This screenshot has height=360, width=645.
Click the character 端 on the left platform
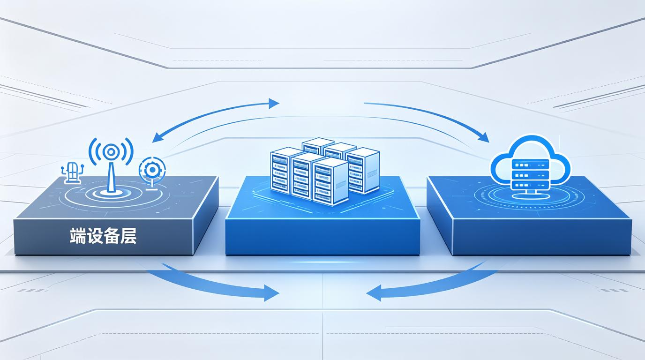point(78,236)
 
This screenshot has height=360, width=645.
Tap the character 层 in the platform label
point(128,236)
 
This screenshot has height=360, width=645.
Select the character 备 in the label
point(112,236)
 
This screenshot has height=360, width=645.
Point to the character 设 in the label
point(95,236)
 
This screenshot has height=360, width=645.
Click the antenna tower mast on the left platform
point(110,176)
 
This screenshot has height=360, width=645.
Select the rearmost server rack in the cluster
point(318,146)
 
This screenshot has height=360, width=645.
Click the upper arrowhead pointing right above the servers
point(274,104)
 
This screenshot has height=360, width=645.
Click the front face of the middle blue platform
point(322,237)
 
